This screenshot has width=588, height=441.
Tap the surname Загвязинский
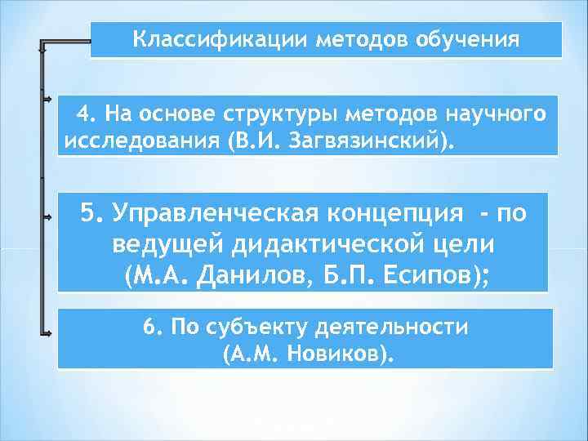[x=372, y=140]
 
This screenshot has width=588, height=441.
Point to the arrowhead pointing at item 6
[x=49, y=332]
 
